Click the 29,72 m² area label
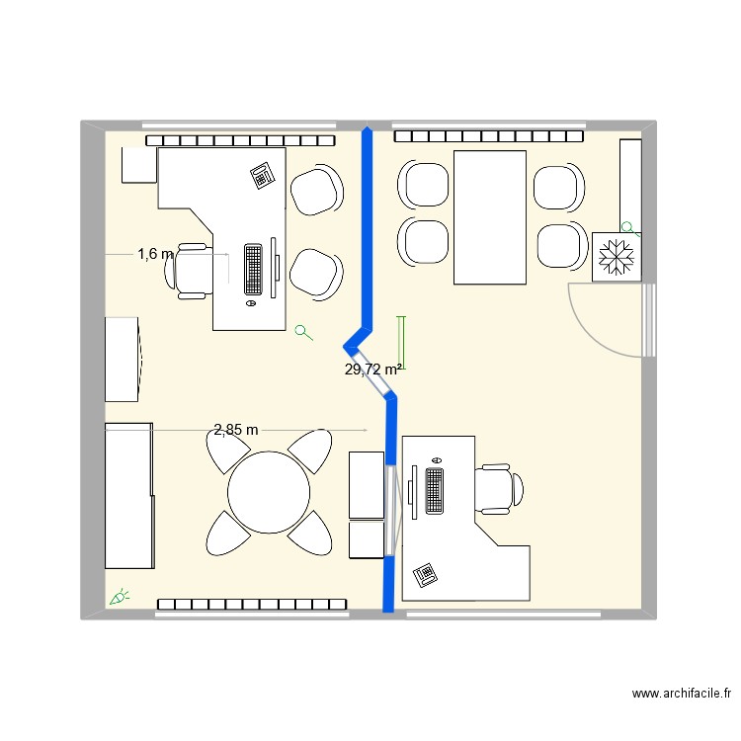pyautogui.click(x=372, y=370)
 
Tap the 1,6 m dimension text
pyautogui.click(x=155, y=254)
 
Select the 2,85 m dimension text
pyautogui.click(x=236, y=429)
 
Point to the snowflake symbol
pyautogui.click(x=617, y=257)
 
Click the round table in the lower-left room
pyautogui.click(x=269, y=492)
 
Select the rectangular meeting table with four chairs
pyautogui.click(x=489, y=216)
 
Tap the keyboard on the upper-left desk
pyautogui.click(x=254, y=268)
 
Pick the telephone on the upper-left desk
pyautogui.click(x=262, y=176)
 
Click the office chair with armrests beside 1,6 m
pyautogui.click(x=193, y=269)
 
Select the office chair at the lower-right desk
pyautogui.click(x=499, y=490)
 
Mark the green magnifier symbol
pyautogui.click(x=304, y=333)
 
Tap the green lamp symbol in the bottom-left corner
pyautogui.click(x=120, y=596)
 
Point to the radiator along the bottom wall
pyautogui.click(x=251, y=604)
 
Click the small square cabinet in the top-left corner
pyautogui.click(x=138, y=165)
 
